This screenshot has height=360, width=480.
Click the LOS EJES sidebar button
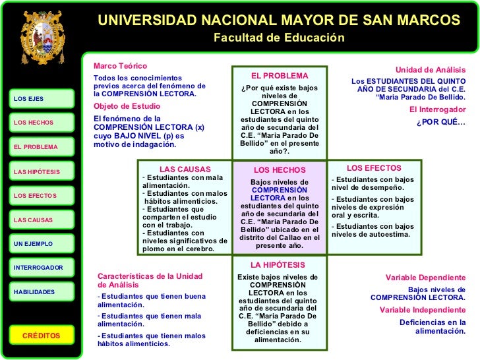(41, 99)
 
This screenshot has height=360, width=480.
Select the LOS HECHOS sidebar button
(41, 123)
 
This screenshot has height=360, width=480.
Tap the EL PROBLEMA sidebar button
(41, 147)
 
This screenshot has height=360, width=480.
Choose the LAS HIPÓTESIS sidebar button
(41, 171)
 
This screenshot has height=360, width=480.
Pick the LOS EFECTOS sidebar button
(41, 196)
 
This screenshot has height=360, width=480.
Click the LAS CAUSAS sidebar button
(41, 220)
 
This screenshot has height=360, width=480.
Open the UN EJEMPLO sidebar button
(41, 244)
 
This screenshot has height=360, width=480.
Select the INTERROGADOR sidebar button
(41, 268)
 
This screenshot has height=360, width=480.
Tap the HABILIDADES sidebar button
(41, 291)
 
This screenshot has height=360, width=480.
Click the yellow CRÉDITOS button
(41, 336)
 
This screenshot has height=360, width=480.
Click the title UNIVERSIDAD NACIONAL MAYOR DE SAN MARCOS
(279, 21)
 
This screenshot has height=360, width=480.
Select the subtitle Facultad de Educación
(279, 38)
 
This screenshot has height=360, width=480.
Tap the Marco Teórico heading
(121, 67)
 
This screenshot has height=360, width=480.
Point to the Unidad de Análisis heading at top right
(430, 69)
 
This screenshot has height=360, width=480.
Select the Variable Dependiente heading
(425, 278)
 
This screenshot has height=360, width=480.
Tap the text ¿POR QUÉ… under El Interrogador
(440, 123)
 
